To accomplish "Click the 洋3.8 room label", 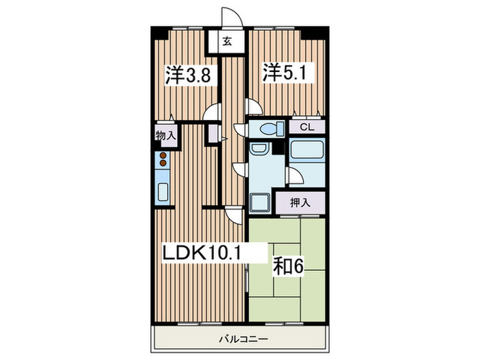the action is tap(188, 75).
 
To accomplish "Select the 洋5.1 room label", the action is tap(285, 73).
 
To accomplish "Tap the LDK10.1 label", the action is tap(202, 253).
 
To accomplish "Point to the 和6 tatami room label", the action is tap(288, 267).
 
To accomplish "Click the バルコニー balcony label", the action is tap(243, 339).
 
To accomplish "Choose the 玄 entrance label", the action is tap(227, 40).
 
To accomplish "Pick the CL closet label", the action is tap(307, 127).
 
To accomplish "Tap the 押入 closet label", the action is tap(300, 203).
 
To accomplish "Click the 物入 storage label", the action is tap(166, 135).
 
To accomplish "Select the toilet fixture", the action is tap(272, 129).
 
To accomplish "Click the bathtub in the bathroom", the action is tap(307, 151).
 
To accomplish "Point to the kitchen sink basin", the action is tap(163, 192).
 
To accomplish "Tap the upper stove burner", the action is tap(163, 156).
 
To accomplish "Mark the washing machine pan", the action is tap(260, 203).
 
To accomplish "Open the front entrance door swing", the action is tap(232, 17).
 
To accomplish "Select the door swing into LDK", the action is tap(235, 215).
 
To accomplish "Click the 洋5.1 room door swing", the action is tap(254, 106).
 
